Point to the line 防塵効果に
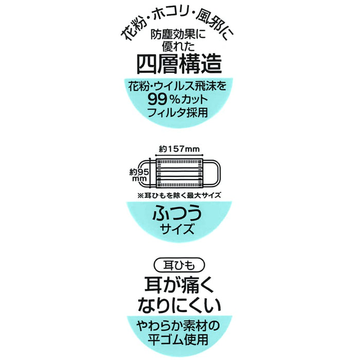click(179, 36)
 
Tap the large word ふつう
click(179, 212)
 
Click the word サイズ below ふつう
click(179, 228)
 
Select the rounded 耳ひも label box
click(179, 267)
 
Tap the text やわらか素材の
click(179, 325)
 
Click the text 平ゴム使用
click(179, 339)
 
